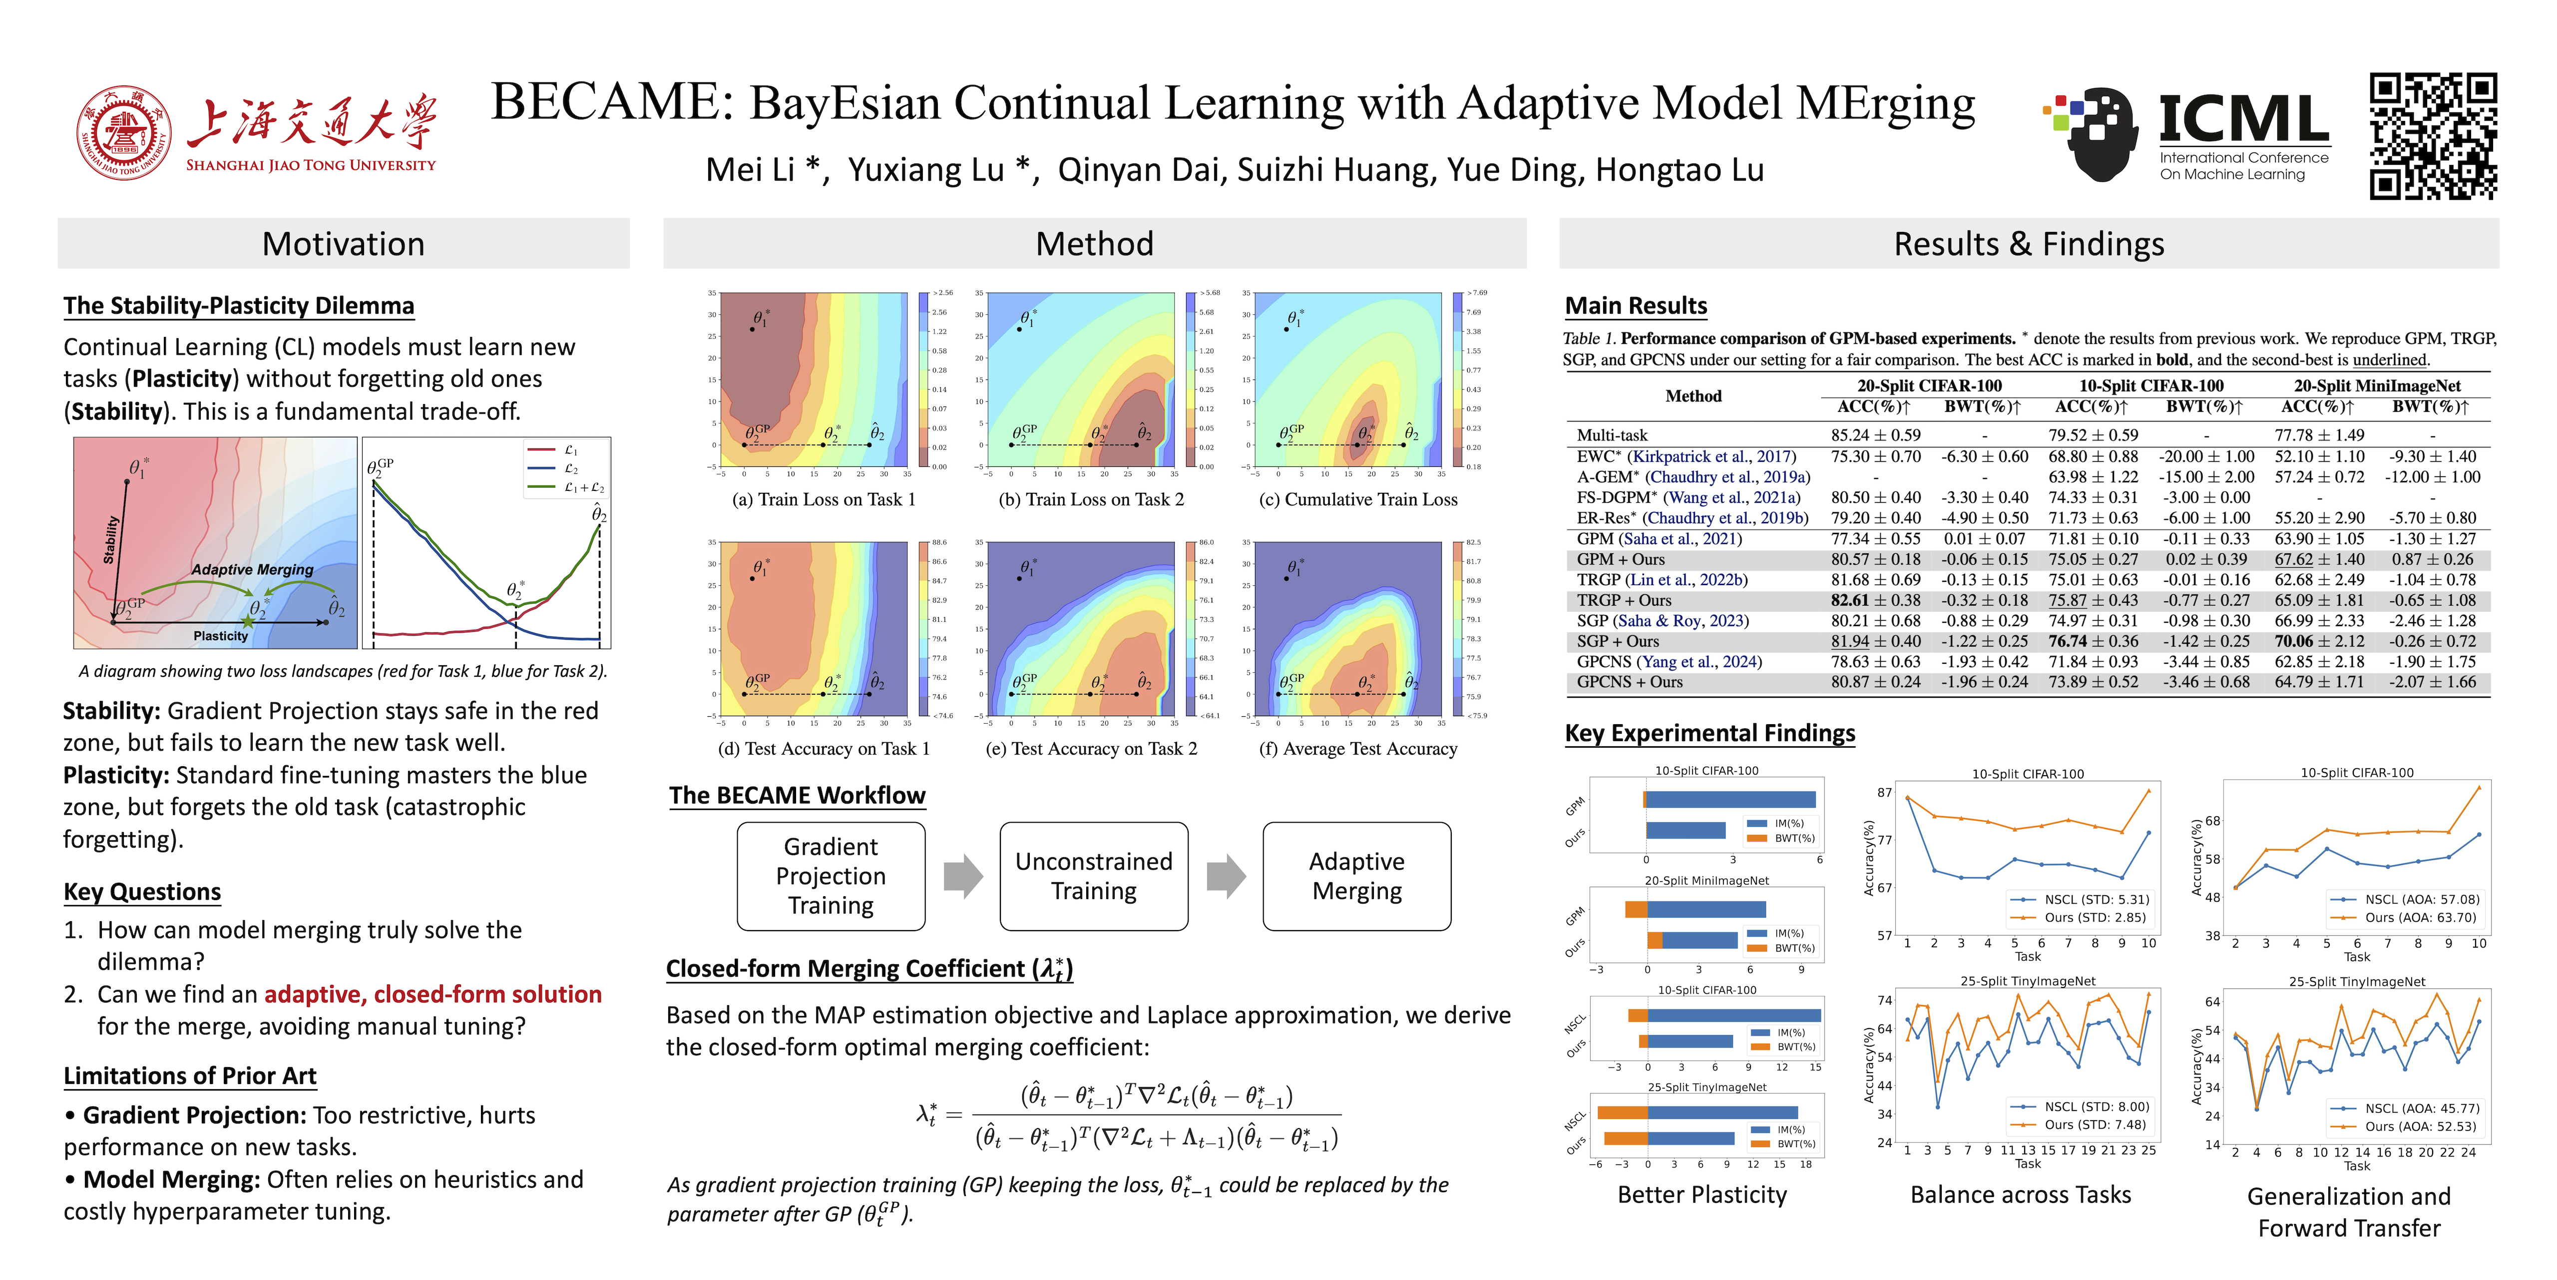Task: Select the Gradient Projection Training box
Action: click(x=831, y=876)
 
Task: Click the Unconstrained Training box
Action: click(x=1094, y=876)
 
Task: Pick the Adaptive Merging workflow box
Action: click(x=1357, y=876)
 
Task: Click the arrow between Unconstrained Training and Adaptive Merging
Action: click(x=1226, y=876)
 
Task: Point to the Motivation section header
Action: click(x=344, y=244)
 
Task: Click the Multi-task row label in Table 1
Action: click(x=1612, y=435)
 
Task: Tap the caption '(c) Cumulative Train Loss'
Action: click(x=1358, y=499)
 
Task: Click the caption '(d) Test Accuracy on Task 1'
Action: click(x=824, y=749)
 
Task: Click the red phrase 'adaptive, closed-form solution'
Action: click(x=433, y=994)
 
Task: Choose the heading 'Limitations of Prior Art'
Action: click(x=190, y=1077)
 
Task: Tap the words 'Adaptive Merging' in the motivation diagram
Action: click(x=252, y=570)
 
